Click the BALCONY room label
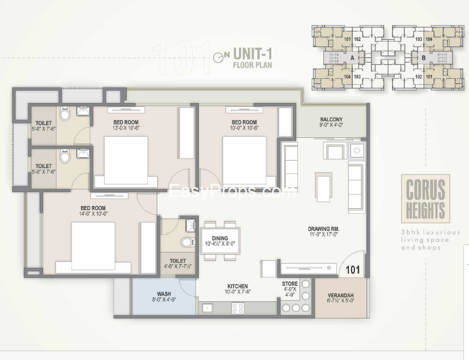point(331,120)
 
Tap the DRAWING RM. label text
point(323,229)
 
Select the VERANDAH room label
point(341,296)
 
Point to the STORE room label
point(290,284)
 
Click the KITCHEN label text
point(236,286)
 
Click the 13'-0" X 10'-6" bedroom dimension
point(126,128)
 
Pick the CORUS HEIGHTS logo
point(425,199)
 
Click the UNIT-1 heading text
point(251,54)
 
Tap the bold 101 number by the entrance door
point(353,270)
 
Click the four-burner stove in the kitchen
point(238,308)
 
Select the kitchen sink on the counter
point(208,308)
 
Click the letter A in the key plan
point(352,58)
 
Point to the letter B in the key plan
point(423,58)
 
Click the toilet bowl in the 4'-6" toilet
point(187,242)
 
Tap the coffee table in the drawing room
point(323,183)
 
